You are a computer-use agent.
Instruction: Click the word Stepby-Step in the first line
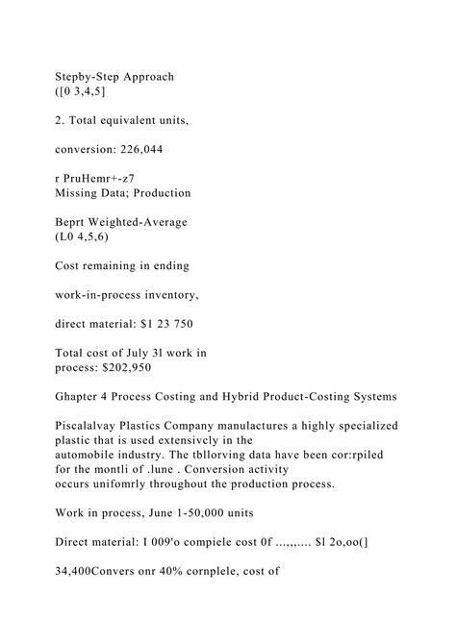89,75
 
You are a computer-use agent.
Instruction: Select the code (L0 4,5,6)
82,237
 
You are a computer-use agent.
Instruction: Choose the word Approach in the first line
152,75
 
